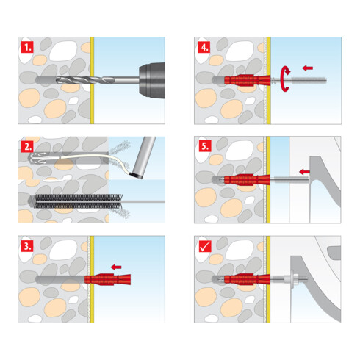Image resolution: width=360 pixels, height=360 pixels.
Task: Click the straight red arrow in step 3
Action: pos(114,266)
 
